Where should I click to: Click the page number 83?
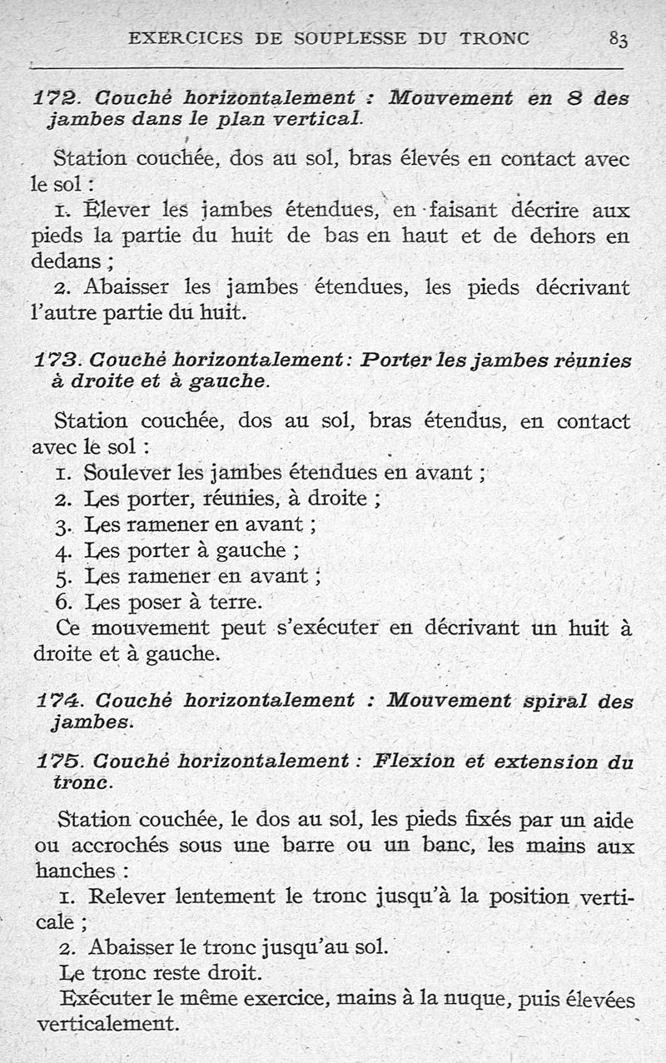pos(618,38)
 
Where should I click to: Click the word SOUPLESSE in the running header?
pos(336,37)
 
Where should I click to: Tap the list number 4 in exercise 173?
pos(63,552)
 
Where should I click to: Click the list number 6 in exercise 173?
pos(63,602)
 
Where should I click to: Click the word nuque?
pos(478,999)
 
